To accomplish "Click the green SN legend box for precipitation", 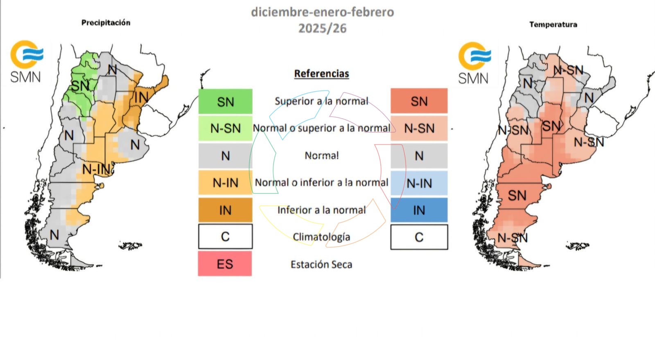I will pos(225,101).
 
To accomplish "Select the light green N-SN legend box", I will pos(225,128).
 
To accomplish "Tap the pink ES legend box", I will pos(225,264).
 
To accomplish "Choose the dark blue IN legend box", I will pos(419,210).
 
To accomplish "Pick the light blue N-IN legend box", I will pos(419,183).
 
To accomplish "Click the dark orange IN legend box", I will pos(225,210).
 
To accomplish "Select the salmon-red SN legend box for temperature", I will pos(419,101).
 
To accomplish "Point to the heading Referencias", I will pos(321,74).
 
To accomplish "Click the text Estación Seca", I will pos(321,265).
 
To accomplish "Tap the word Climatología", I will pos(321,237).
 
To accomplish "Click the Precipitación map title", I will pos(106,22).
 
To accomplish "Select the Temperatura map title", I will pos(553,25).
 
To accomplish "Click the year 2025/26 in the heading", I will pos(322,28).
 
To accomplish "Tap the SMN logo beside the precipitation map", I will pos(26,61).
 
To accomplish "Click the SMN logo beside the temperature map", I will pos(474,63).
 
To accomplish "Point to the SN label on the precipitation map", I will pos(80,86).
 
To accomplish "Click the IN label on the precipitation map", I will pos(141,97).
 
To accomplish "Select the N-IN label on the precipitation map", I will pos(97,169).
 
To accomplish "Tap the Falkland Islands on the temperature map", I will pos(577,245).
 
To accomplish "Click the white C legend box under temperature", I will pos(419,237).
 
